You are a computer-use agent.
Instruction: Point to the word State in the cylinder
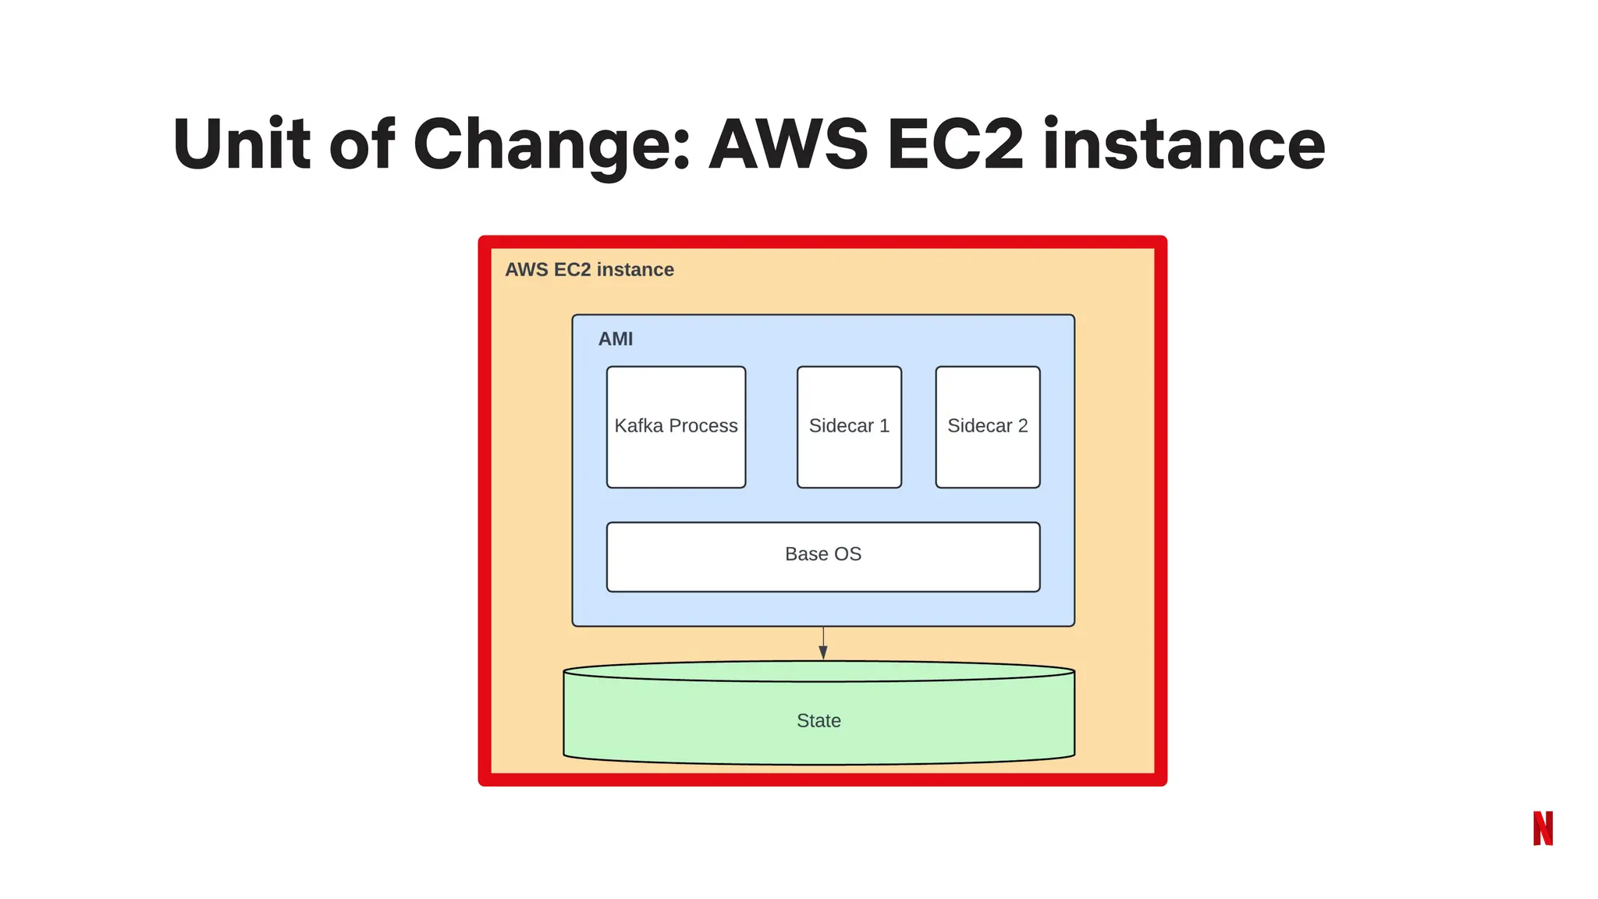coord(819,720)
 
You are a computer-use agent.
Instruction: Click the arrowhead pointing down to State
coord(823,652)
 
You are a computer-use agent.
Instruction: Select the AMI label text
coord(616,339)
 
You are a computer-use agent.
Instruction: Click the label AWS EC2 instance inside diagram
coord(589,269)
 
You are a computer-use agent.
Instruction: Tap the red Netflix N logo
coord(1543,828)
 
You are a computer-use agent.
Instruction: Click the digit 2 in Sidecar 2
coord(1022,425)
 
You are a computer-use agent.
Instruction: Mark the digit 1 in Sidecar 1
coord(884,425)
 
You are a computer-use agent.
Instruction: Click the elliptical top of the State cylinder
coord(819,671)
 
